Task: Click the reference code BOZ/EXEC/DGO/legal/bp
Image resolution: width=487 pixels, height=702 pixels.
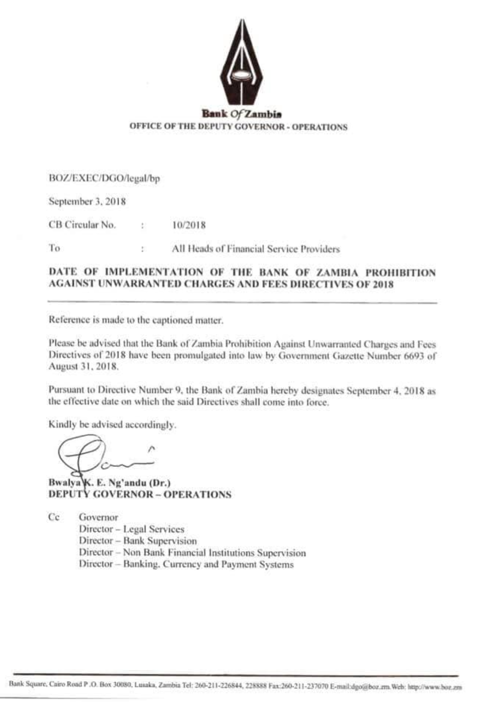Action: pos(104,178)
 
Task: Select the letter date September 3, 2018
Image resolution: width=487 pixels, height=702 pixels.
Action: pos(87,201)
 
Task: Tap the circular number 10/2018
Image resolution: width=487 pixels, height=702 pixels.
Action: pos(189,225)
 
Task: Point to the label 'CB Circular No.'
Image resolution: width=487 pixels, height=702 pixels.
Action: pos(82,224)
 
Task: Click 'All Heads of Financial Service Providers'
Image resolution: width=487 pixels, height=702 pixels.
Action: pos(256,249)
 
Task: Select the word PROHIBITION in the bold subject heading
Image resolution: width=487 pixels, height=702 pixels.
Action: pos(401,273)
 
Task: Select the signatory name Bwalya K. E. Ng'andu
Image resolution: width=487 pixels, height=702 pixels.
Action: pos(110,482)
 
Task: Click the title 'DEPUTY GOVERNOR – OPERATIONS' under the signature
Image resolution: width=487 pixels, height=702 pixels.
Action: pos(140,494)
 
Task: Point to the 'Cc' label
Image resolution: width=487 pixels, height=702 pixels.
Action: pos(54,517)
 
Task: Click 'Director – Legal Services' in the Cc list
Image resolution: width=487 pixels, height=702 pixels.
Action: pos(131,529)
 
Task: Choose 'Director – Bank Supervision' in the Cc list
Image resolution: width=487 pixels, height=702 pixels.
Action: pos(138,541)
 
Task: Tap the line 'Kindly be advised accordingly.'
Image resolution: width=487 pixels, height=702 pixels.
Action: pos(112,425)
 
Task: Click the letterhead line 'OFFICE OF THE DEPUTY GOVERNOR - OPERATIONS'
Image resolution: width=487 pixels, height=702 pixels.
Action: pos(238,127)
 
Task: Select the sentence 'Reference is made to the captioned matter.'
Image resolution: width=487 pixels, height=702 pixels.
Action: pos(136,319)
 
